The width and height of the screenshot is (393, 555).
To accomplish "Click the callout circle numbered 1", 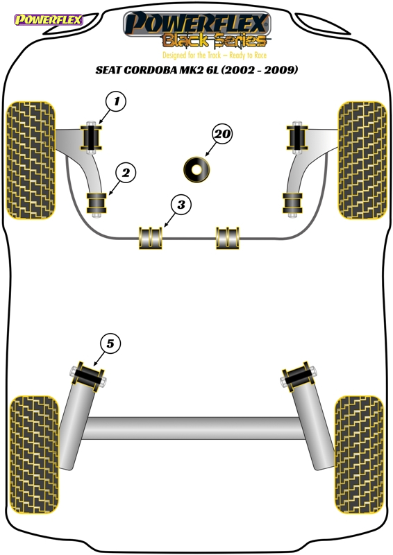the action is pyautogui.click(x=116, y=101).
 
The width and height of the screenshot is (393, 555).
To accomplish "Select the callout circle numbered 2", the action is pyautogui.click(x=126, y=173).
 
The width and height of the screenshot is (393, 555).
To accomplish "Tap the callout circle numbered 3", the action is pyautogui.click(x=181, y=205).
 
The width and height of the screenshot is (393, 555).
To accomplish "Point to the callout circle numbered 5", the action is pyautogui.click(x=110, y=343).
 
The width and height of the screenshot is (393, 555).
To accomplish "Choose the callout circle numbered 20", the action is pyautogui.click(x=222, y=134).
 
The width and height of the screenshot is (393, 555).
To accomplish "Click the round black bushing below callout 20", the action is pyautogui.click(x=196, y=169).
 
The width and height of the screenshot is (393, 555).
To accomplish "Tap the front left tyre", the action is pyautogui.click(x=31, y=160).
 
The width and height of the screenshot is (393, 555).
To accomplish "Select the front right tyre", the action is pyautogui.click(x=362, y=160).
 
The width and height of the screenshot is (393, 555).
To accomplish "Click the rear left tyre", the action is pyautogui.click(x=35, y=455).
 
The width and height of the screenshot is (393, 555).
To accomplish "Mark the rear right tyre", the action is pyautogui.click(x=359, y=455).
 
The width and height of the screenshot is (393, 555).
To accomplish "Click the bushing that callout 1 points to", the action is pyautogui.click(x=92, y=137).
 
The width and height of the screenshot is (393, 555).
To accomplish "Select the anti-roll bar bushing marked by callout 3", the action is pyautogui.click(x=150, y=238).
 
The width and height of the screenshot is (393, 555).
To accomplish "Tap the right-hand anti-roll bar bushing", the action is pyautogui.click(x=228, y=238).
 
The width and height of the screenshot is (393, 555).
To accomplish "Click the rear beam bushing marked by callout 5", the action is pyautogui.click(x=89, y=376).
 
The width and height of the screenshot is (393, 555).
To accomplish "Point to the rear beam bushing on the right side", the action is pyautogui.click(x=299, y=376).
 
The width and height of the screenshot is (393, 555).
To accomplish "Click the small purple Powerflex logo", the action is pyautogui.click(x=48, y=19).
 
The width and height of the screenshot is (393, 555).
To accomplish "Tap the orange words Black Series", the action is pyautogui.click(x=215, y=41).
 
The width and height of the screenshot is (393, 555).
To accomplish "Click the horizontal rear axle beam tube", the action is pyautogui.click(x=194, y=428).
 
